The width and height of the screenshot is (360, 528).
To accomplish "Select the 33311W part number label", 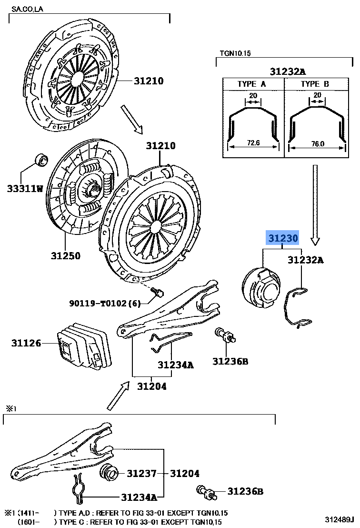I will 25,189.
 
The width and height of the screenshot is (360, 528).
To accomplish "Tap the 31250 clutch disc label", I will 66,255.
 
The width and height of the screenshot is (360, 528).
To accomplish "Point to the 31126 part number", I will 27,343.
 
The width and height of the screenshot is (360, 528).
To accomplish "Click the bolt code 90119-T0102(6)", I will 105,303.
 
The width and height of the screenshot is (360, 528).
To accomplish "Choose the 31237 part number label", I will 141,473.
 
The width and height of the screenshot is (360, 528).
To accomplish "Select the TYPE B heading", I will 314,84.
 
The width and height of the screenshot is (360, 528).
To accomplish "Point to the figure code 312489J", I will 340,519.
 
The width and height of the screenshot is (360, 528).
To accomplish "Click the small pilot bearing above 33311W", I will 41,160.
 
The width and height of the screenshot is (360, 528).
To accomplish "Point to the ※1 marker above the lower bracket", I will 11,408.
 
